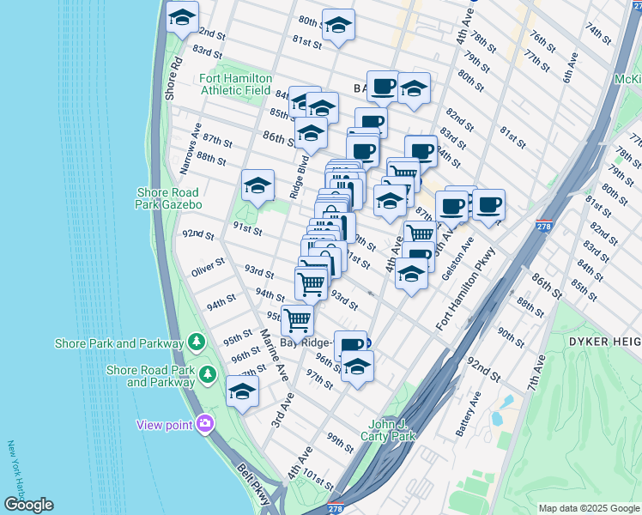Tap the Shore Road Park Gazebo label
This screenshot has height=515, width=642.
167,198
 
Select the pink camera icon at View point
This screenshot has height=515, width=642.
205,422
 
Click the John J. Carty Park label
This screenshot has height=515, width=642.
392,429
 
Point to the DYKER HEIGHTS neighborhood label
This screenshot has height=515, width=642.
605,342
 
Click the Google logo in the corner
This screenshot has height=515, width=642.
28,505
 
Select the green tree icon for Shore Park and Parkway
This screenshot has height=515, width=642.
197,342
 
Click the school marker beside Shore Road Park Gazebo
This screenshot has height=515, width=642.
257,185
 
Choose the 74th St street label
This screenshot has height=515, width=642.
595,28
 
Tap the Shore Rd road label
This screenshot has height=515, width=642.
170,78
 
